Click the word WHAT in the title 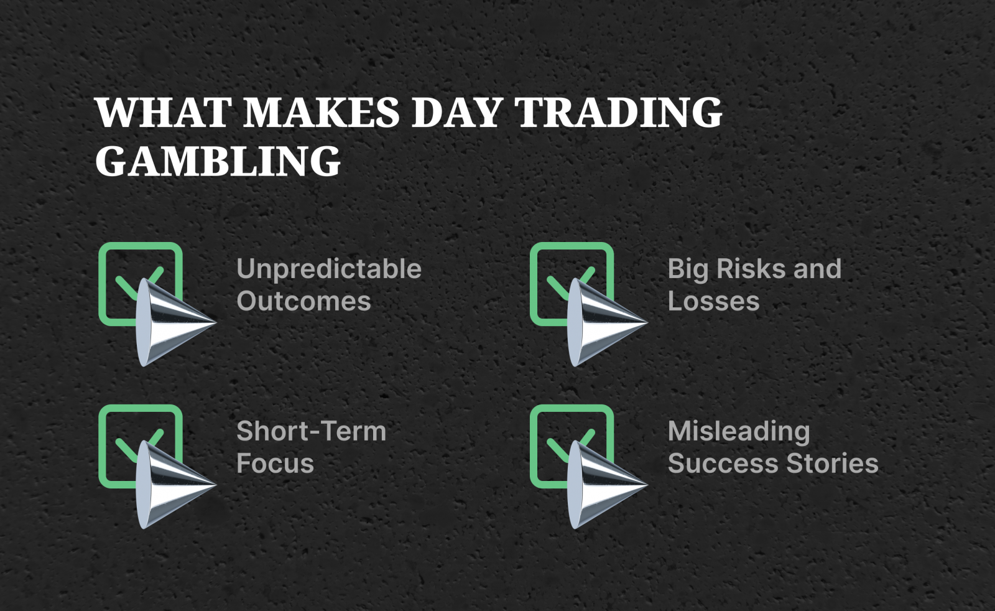coord(164,113)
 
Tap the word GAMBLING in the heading coord(218,161)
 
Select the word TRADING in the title coord(619,113)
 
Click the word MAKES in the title coord(322,113)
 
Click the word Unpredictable coord(328,269)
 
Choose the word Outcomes coord(303,301)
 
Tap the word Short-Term coord(311,431)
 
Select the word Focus coord(275,464)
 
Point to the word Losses coord(713,301)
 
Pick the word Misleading coord(738,431)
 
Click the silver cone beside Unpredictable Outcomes coord(168,322)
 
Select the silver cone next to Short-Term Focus coord(168,485)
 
